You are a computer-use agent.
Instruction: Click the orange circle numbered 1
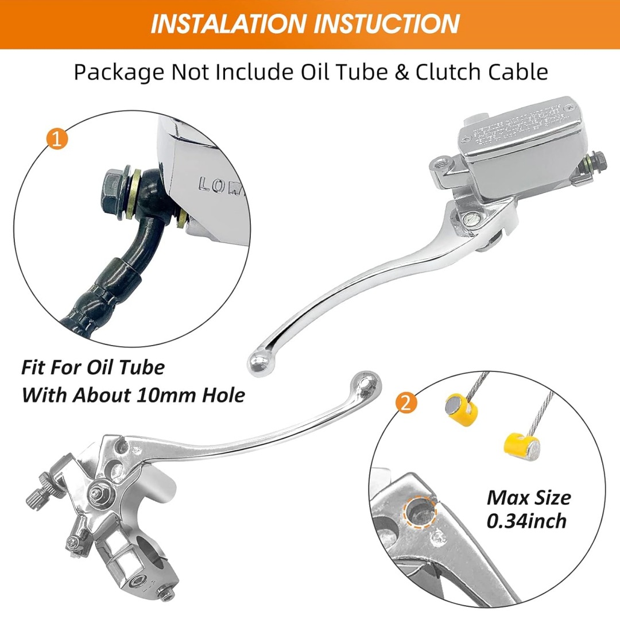56,139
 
